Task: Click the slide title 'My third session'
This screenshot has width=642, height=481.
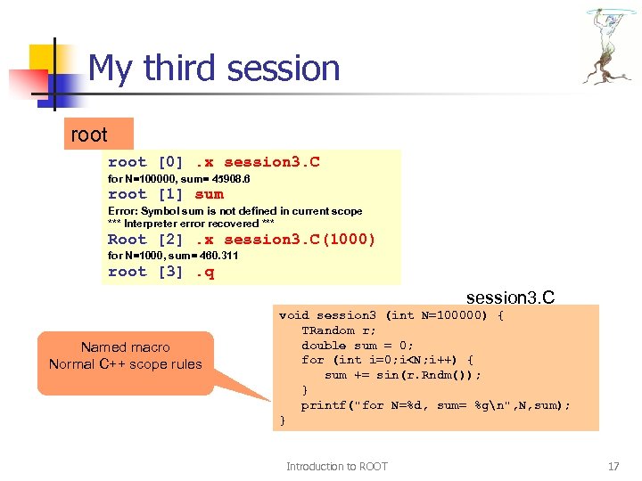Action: click(214, 69)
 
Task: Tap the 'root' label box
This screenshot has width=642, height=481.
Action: click(89, 135)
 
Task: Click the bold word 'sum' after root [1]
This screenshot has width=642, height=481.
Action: click(210, 194)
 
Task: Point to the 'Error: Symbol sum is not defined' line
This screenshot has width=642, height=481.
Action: click(235, 211)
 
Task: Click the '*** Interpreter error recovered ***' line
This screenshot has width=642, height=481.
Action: click(191, 223)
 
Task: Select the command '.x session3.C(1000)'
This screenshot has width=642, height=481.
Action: click(285, 240)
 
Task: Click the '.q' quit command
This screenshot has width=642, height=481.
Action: click(205, 272)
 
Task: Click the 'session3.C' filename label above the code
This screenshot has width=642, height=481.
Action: click(510, 297)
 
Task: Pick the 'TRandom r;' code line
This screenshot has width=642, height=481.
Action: click(327, 330)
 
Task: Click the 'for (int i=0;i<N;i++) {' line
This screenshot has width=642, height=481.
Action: click(388, 360)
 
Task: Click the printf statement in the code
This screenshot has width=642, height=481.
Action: click(435, 405)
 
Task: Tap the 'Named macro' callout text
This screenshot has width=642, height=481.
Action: click(125, 347)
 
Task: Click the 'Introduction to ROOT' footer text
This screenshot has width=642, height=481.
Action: click(336, 466)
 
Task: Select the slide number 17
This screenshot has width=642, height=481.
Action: click(613, 466)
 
